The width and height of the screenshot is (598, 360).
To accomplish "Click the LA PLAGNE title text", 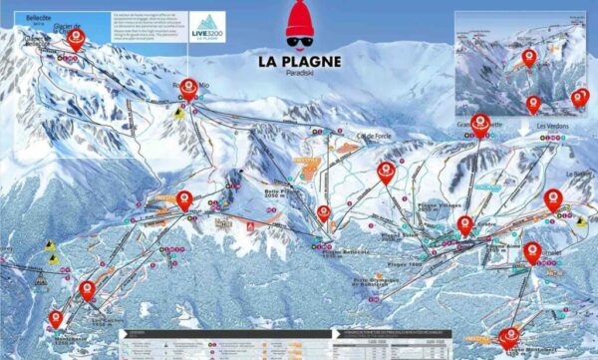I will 299,61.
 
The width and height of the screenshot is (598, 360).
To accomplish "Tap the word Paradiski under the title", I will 299,74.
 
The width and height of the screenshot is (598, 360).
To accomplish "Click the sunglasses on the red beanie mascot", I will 299,41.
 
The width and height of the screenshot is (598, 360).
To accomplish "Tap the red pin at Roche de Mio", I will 188,88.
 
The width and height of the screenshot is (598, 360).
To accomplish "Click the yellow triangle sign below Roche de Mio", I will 178,114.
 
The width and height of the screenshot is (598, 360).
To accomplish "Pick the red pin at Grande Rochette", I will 479,123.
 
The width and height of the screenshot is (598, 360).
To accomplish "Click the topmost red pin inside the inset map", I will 528,58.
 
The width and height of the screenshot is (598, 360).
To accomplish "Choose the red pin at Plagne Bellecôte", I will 324,213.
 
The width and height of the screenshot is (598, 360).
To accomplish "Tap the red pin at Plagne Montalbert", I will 509,337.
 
